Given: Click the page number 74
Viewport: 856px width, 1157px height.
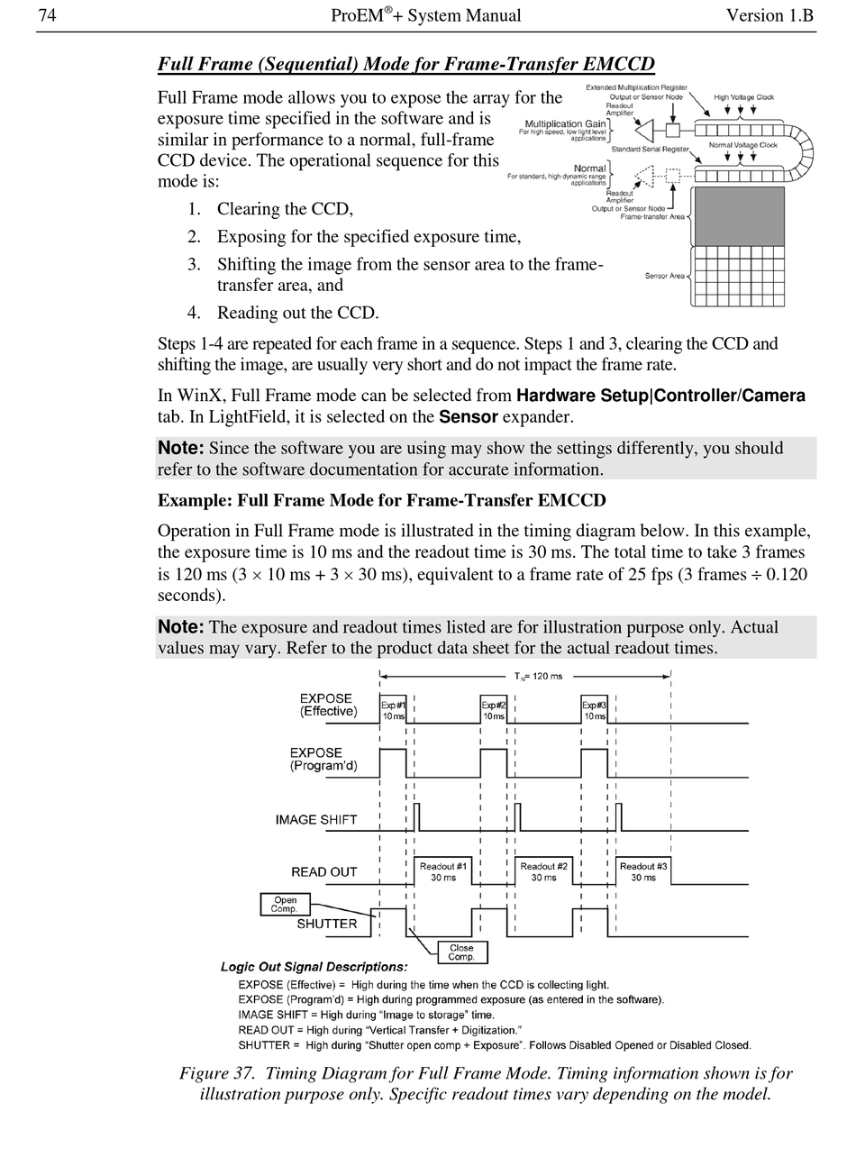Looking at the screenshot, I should [48, 15].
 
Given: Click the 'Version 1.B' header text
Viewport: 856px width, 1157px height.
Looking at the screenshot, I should [769, 15].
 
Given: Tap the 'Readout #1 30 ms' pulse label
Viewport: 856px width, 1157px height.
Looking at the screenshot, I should [443, 871].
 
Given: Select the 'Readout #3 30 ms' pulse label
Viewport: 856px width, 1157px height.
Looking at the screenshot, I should [643, 871].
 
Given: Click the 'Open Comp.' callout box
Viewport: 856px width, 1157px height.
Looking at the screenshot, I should [285, 904].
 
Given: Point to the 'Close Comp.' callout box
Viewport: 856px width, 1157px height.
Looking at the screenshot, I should [461, 952].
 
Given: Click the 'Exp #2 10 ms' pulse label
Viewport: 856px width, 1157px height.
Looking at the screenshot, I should [493, 710].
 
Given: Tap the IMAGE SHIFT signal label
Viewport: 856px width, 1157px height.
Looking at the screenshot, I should [316, 820].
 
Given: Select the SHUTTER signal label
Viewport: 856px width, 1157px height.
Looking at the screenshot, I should [327, 924].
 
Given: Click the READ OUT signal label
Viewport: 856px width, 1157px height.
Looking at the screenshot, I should [324, 872].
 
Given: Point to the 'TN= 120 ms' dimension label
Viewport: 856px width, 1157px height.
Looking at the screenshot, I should [538, 676].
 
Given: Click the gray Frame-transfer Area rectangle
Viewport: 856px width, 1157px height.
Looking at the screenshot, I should [739, 215].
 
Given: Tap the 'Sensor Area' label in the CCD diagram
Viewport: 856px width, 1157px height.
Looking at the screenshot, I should [665, 276].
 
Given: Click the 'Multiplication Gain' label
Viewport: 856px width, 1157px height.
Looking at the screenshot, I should [566, 123].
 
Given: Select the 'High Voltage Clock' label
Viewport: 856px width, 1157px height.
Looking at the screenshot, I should [744, 97].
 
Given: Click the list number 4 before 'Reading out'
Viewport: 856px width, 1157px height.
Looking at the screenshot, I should [193, 313].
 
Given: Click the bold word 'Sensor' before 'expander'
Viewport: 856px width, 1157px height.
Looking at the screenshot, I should [468, 416].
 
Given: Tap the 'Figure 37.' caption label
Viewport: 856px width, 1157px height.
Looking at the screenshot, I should [219, 1073].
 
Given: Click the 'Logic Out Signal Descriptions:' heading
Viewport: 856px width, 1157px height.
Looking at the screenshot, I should [314, 967].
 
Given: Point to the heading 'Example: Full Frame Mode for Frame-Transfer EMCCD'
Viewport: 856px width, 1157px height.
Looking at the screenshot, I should [381, 500].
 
